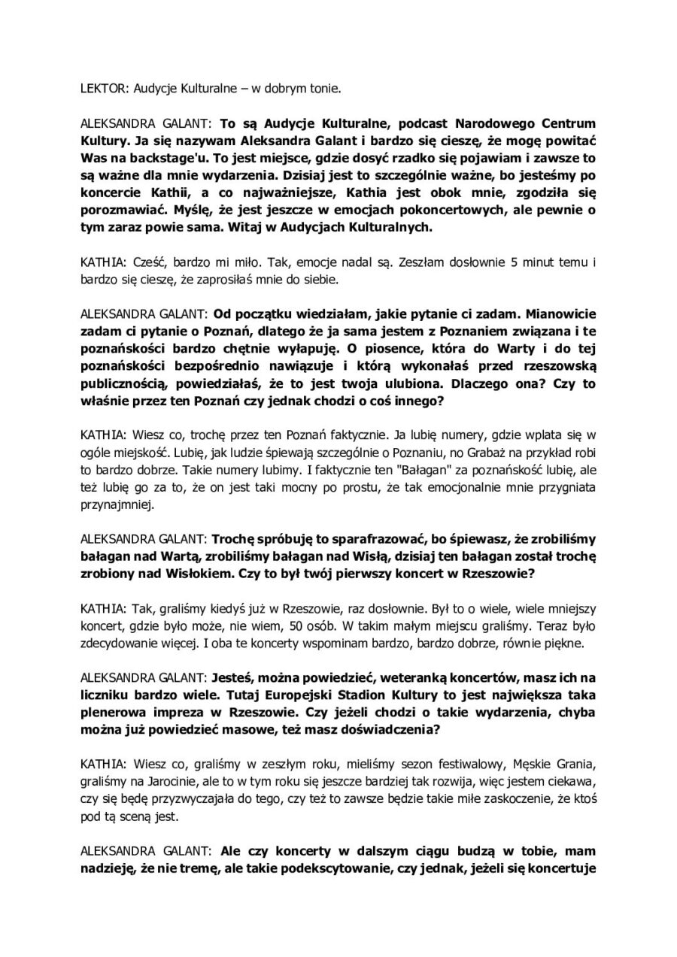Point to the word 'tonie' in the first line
coord(323,88)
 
